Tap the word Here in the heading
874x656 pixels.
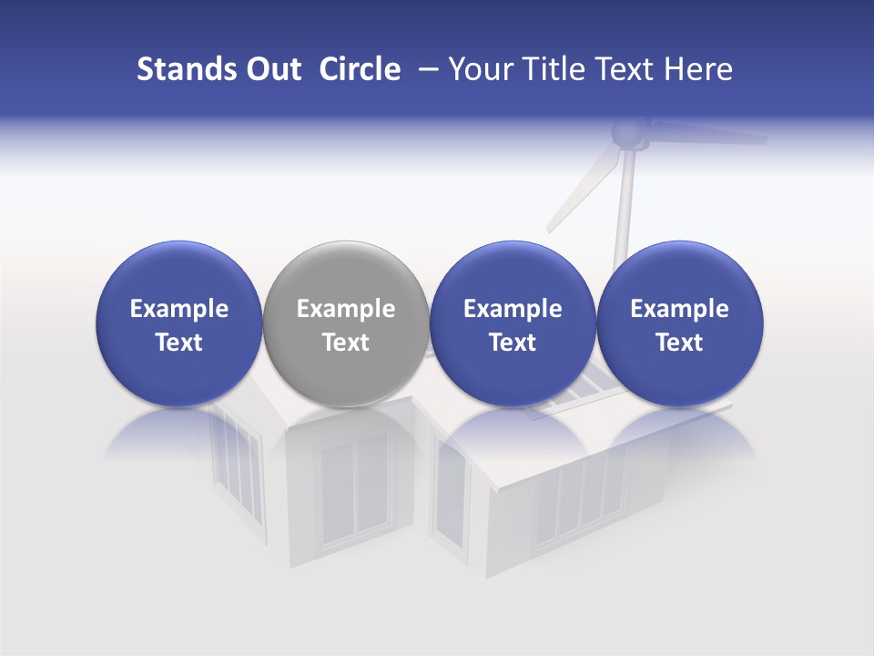[x=697, y=69]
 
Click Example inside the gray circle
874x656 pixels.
[x=346, y=309]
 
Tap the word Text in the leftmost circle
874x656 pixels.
[x=178, y=343]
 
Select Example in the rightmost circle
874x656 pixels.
[x=679, y=309]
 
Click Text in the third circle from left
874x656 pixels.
[x=513, y=343]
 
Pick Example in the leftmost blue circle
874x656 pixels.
[x=178, y=309]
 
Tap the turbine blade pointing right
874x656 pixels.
[x=710, y=136]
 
